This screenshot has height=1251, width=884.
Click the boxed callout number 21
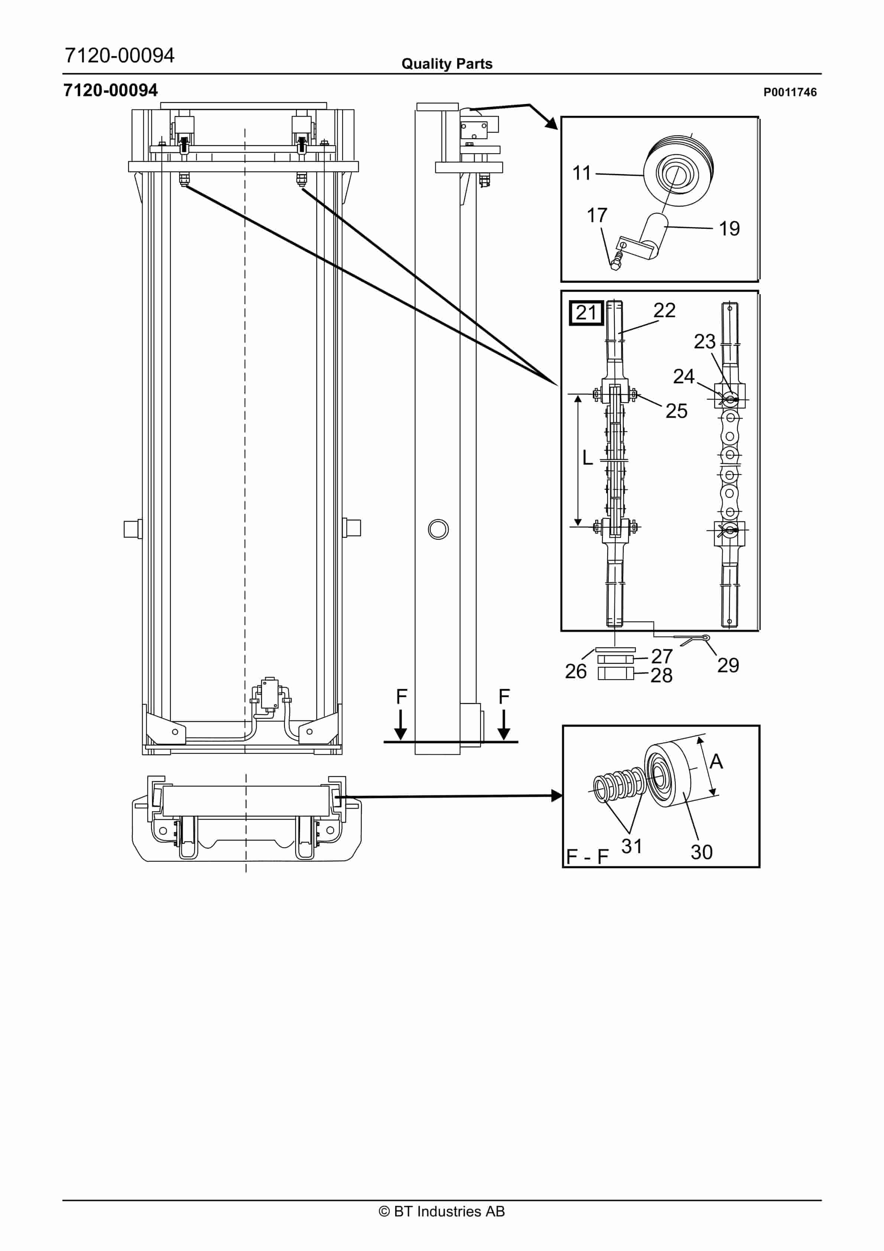coord(586,313)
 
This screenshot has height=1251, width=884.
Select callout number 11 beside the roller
coord(582,173)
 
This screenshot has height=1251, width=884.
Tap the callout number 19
coord(729,229)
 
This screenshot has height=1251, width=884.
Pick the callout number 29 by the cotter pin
coord(728,665)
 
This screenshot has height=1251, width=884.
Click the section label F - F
coord(588,857)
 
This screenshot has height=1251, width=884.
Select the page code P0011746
coord(790,92)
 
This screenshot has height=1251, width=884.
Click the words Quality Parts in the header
coord(447,64)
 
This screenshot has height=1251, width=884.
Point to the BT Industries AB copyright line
coord(442,1211)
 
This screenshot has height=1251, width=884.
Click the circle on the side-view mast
coord(438,529)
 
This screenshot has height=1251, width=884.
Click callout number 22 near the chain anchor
coord(664,310)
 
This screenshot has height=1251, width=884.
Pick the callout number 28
coord(661,676)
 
